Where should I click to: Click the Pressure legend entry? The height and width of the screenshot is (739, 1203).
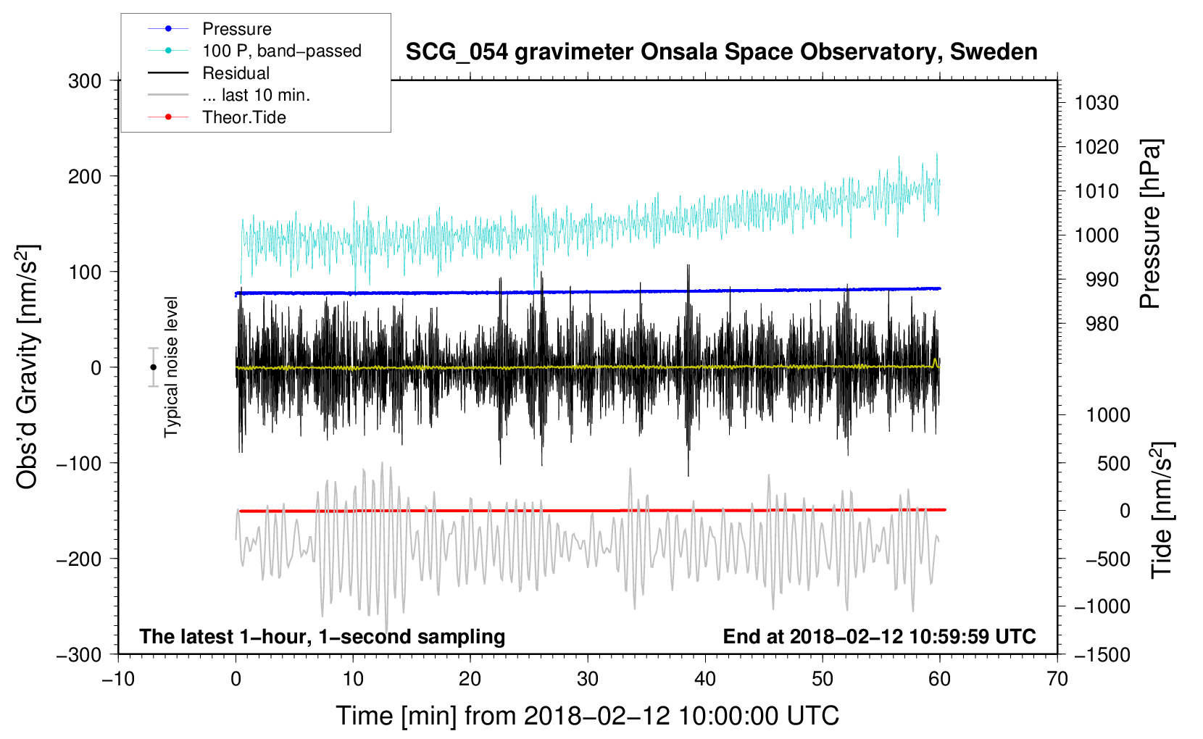tap(236, 29)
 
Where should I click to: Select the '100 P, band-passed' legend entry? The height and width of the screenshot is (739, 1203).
tap(281, 51)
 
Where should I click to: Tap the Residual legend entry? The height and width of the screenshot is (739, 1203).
tap(236, 73)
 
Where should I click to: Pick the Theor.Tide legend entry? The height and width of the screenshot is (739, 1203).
tap(243, 117)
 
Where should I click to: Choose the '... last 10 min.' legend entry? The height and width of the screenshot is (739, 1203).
tap(256, 95)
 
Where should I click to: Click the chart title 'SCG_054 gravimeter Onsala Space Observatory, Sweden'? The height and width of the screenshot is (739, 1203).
tap(721, 52)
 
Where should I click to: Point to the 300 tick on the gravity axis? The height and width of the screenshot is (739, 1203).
tap(85, 81)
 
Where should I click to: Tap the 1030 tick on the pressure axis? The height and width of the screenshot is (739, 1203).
tap(1096, 103)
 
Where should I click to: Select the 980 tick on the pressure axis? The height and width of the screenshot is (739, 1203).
tap(1096, 324)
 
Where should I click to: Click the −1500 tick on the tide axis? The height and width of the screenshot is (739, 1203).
tap(1102, 655)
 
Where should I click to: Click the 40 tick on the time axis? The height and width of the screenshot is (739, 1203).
tap(705, 679)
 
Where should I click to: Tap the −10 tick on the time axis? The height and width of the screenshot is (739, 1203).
tap(118, 679)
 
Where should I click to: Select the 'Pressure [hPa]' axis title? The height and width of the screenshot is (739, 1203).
tap(1150, 224)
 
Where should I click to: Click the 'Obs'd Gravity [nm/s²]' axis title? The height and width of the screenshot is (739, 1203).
tap(28, 367)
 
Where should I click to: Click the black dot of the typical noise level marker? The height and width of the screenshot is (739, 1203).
tap(153, 367)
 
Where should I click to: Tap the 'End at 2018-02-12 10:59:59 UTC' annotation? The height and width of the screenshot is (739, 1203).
tap(879, 636)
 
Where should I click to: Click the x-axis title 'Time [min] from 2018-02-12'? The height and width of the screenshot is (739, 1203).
tap(587, 716)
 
